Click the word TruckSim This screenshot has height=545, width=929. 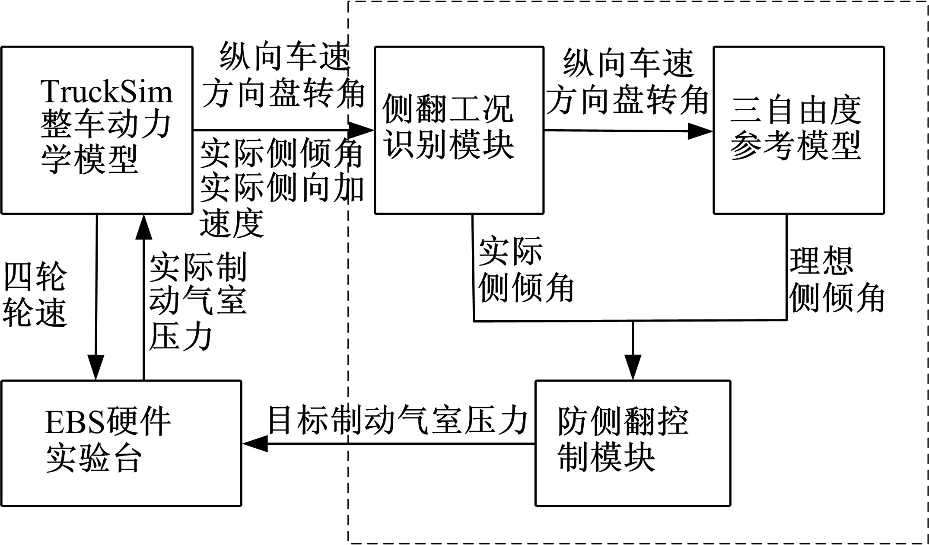pyautogui.click(x=106, y=92)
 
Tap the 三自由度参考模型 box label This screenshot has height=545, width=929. pyautogui.click(x=795, y=128)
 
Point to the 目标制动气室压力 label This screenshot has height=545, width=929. pyautogui.click(x=398, y=421)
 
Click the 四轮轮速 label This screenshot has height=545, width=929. pyautogui.click(x=35, y=295)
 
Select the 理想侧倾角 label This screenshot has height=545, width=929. pyautogui.click(x=837, y=280)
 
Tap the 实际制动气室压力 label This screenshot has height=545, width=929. pyautogui.click(x=197, y=302)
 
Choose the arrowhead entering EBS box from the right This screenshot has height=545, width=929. pyautogui.click(x=255, y=443)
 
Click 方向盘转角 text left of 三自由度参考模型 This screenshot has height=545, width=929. pyautogui.click(x=627, y=100)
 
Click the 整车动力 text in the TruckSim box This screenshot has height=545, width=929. pyautogui.click(x=106, y=125)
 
